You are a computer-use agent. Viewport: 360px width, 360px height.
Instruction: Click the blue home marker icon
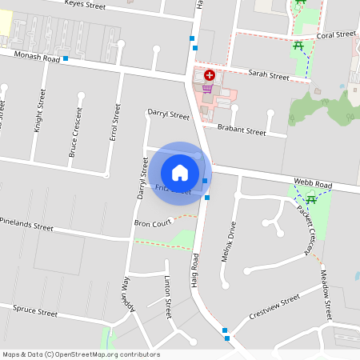(180, 172)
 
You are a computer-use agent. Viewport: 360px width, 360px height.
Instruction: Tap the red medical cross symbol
(210, 74)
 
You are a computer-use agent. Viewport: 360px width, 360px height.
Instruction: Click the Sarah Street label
(268, 76)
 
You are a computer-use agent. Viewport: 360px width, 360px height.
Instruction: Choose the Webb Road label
(312, 184)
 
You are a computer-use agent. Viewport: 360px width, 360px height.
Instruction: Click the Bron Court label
(153, 223)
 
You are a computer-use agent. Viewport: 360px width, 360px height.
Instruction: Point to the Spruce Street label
(36, 311)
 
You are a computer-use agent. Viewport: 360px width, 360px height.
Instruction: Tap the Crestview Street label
(274, 306)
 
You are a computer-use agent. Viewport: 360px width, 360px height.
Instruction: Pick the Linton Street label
(168, 297)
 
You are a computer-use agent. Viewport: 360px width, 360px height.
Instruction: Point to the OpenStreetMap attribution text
(81, 354)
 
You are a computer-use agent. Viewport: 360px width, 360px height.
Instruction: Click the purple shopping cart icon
(207, 88)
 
